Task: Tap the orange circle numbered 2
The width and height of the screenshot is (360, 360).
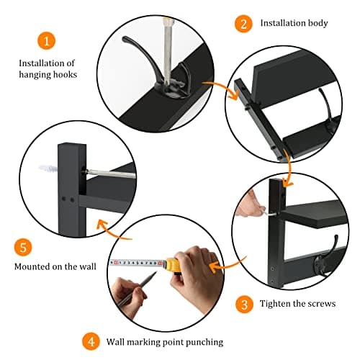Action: (244, 23)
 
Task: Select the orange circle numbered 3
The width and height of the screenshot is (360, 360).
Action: (244, 303)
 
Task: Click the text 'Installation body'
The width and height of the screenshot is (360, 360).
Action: (294, 23)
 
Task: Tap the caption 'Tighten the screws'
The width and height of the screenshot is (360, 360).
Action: (297, 304)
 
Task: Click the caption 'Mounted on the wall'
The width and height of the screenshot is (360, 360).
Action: (55, 266)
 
